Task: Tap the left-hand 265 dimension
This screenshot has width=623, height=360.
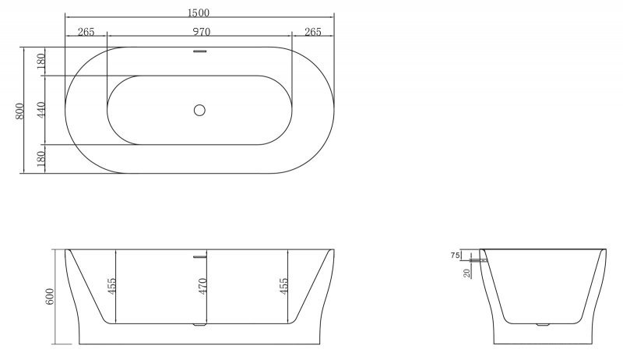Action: [x=86, y=32]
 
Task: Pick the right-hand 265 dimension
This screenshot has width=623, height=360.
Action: [x=313, y=32]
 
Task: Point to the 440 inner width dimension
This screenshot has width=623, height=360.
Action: [x=41, y=110]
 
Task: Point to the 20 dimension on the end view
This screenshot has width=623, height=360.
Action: [x=466, y=272]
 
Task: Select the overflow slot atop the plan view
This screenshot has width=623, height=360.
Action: [x=200, y=52]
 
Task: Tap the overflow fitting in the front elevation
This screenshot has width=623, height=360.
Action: [x=200, y=255]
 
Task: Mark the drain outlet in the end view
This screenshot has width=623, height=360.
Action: [x=544, y=322]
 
